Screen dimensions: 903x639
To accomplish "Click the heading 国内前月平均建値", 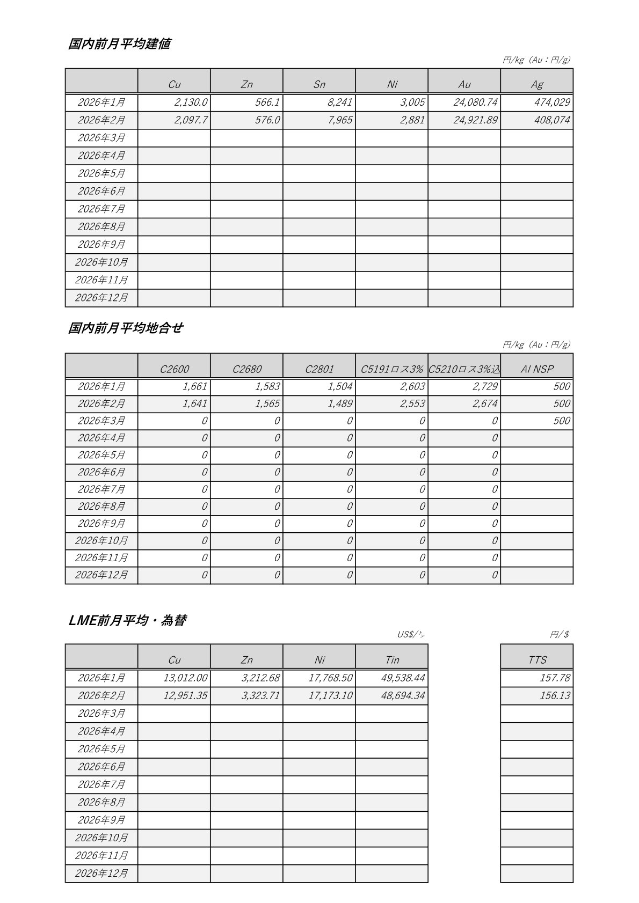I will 119,44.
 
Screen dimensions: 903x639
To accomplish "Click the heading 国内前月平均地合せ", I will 126,328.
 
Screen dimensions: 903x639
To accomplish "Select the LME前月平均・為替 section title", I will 128,621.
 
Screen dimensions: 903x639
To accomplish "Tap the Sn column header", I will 319,84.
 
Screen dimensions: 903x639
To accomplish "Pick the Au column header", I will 464,84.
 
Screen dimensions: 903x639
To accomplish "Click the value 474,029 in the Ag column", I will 551,102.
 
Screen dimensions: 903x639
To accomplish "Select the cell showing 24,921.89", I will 475,120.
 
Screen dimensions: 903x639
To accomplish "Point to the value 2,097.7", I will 191,120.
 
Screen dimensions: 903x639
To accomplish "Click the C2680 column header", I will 247,369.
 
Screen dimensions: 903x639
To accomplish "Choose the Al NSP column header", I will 537,369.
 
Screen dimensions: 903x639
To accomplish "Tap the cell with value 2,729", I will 485,387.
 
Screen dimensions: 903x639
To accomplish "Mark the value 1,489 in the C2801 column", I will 340,404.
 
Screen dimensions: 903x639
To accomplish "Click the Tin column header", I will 392,660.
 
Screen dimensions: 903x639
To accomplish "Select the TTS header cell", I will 537,660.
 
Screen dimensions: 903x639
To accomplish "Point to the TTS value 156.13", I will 555,696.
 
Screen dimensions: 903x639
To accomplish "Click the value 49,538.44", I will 403,678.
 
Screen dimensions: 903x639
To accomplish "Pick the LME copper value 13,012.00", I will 185,678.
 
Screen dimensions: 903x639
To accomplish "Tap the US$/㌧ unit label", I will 411,635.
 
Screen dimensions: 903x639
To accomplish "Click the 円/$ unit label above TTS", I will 560,635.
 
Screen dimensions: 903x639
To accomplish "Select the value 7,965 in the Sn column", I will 340,120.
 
